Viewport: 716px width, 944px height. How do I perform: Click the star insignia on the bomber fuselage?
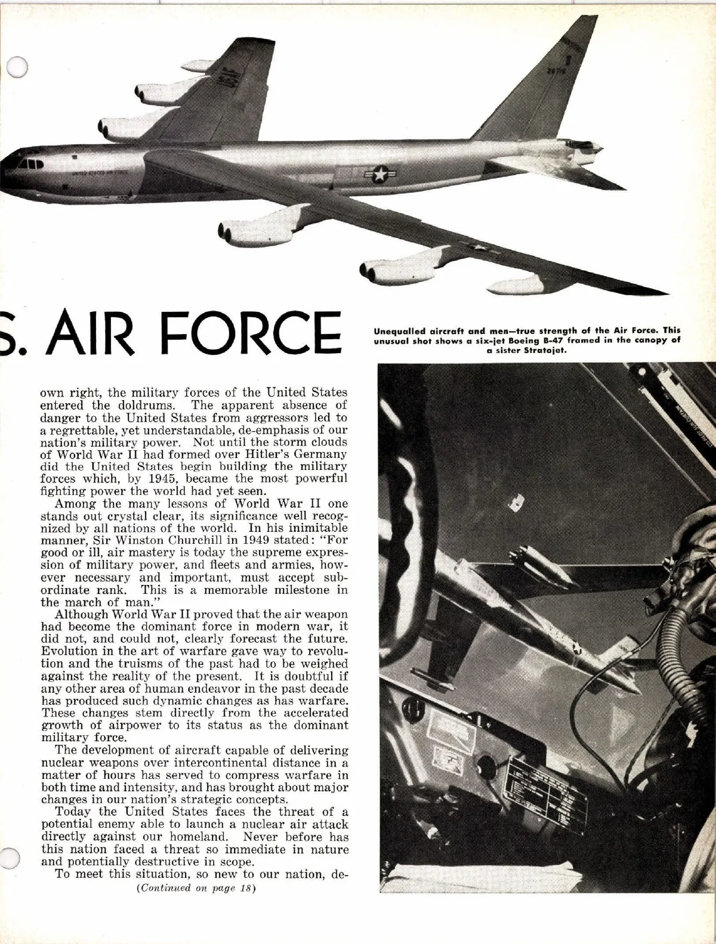click(378, 175)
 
